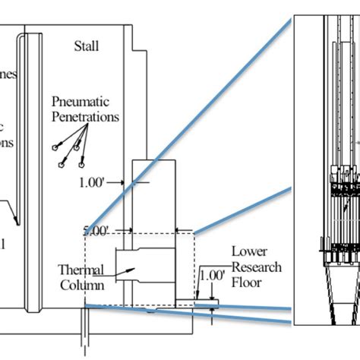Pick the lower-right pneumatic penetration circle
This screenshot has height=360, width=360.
(x=81, y=161)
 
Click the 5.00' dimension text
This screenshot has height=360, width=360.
(x=96, y=229)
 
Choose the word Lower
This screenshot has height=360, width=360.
(x=248, y=251)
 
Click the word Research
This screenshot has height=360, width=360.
(x=256, y=267)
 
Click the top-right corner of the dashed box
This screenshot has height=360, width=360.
(x=194, y=234)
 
